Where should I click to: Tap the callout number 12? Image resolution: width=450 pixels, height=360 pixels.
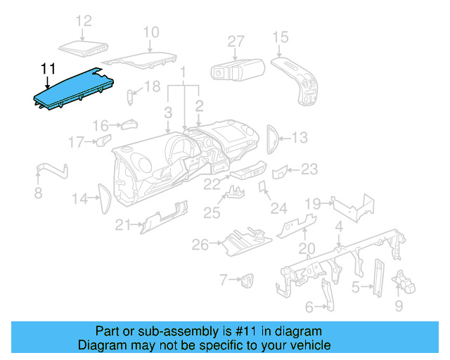84,21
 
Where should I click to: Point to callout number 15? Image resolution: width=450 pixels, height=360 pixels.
281,37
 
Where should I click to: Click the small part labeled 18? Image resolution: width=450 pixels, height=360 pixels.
131,94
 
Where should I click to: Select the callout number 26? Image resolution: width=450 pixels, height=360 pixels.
201,245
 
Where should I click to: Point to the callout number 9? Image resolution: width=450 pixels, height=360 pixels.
399,306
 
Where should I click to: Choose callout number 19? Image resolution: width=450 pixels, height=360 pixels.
312,204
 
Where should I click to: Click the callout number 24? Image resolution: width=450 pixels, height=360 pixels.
279,208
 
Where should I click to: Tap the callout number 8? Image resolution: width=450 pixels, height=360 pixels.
38,193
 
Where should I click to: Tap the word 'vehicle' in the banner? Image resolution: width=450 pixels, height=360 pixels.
311,345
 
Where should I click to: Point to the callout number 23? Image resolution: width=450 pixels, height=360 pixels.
309,169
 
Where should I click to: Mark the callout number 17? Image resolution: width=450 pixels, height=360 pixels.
76,143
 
